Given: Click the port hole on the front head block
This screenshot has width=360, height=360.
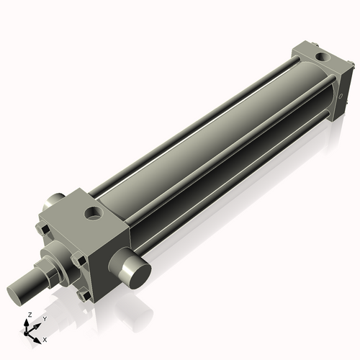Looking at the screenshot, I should [x=93, y=213].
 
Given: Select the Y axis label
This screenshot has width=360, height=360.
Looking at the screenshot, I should [x=44, y=318].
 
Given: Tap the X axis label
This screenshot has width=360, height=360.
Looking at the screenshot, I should [x=45, y=338].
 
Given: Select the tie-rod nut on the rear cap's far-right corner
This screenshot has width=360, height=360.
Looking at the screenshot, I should [x=353, y=67].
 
